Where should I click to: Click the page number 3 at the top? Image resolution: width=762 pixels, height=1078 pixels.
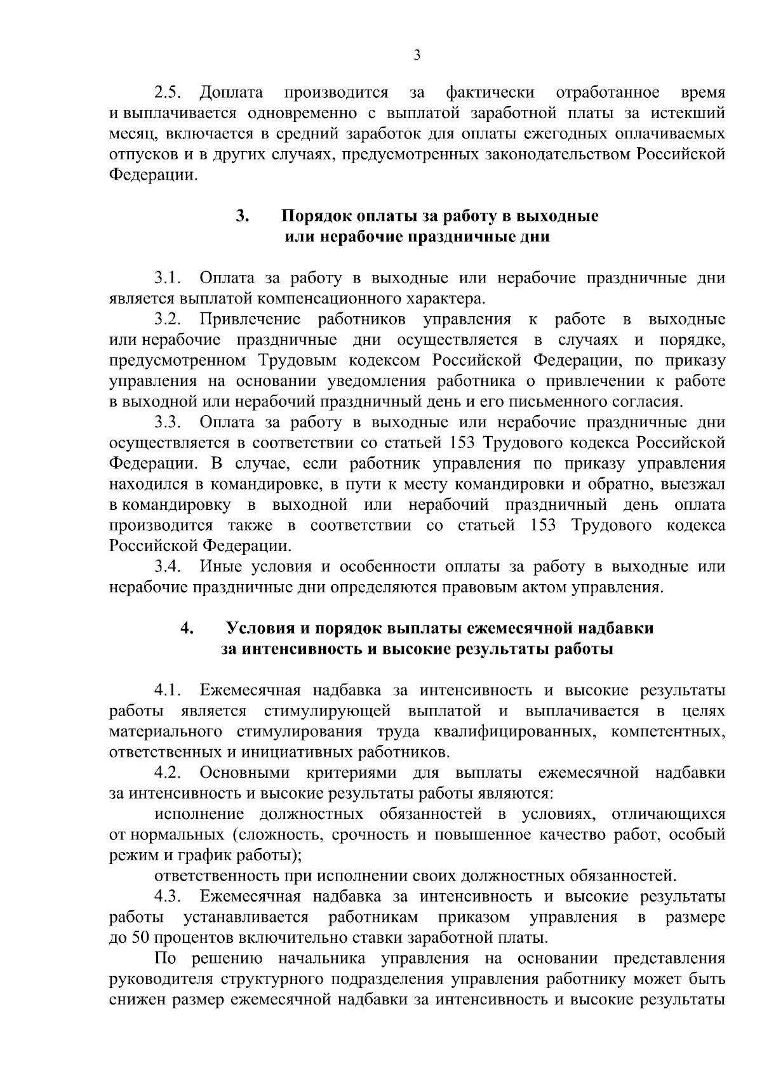pyautogui.click(x=417, y=55)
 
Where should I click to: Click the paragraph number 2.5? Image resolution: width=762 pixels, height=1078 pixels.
pyautogui.click(x=169, y=93)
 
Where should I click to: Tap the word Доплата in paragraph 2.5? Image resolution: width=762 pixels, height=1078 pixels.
pyautogui.click(x=232, y=93)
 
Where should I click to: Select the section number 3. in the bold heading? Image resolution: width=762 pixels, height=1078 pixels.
pyautogui.click(x=242, y=216)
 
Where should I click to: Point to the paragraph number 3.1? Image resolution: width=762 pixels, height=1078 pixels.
pyautogui.click(x=168, y=278)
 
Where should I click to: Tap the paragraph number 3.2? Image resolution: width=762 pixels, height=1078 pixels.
pyautogui.click(x=169, y=319)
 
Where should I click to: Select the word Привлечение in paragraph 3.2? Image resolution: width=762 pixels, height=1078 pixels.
pyautogui.click(x=250, y=319)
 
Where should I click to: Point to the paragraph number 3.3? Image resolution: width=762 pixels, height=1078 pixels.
pyautogui.click(x=169, y=422)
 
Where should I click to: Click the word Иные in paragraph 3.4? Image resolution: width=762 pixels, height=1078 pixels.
pyautogui.click(x=220, y=566)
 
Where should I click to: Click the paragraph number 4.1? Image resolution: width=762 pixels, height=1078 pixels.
pyautogui.click(x=168, y=691)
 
